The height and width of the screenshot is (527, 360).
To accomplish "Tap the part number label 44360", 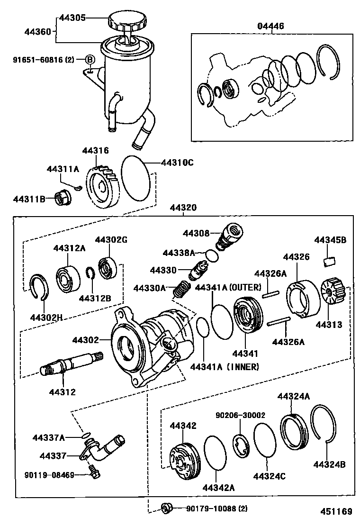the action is click(x=37, y=32).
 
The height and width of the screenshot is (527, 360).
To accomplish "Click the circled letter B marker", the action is click(x=90, y=60).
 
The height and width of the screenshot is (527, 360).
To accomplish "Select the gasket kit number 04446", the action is click(x=270, y=26).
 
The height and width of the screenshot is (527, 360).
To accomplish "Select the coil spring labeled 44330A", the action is click(x=181, y=289).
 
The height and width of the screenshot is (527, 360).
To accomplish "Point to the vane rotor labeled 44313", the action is click(x=333, y=291).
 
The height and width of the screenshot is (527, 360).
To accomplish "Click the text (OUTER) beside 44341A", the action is click(x=245, y=287).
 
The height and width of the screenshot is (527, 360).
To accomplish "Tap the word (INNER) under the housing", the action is click(x=243, y=367).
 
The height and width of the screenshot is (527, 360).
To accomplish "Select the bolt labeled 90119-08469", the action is click(x=94, y=471).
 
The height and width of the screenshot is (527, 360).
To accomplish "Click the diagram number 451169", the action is click(x=336, y=511).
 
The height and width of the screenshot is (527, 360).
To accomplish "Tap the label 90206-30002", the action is click(x=240, y=415).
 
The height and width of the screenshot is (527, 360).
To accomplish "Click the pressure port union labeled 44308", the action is click(x=230, y=236).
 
